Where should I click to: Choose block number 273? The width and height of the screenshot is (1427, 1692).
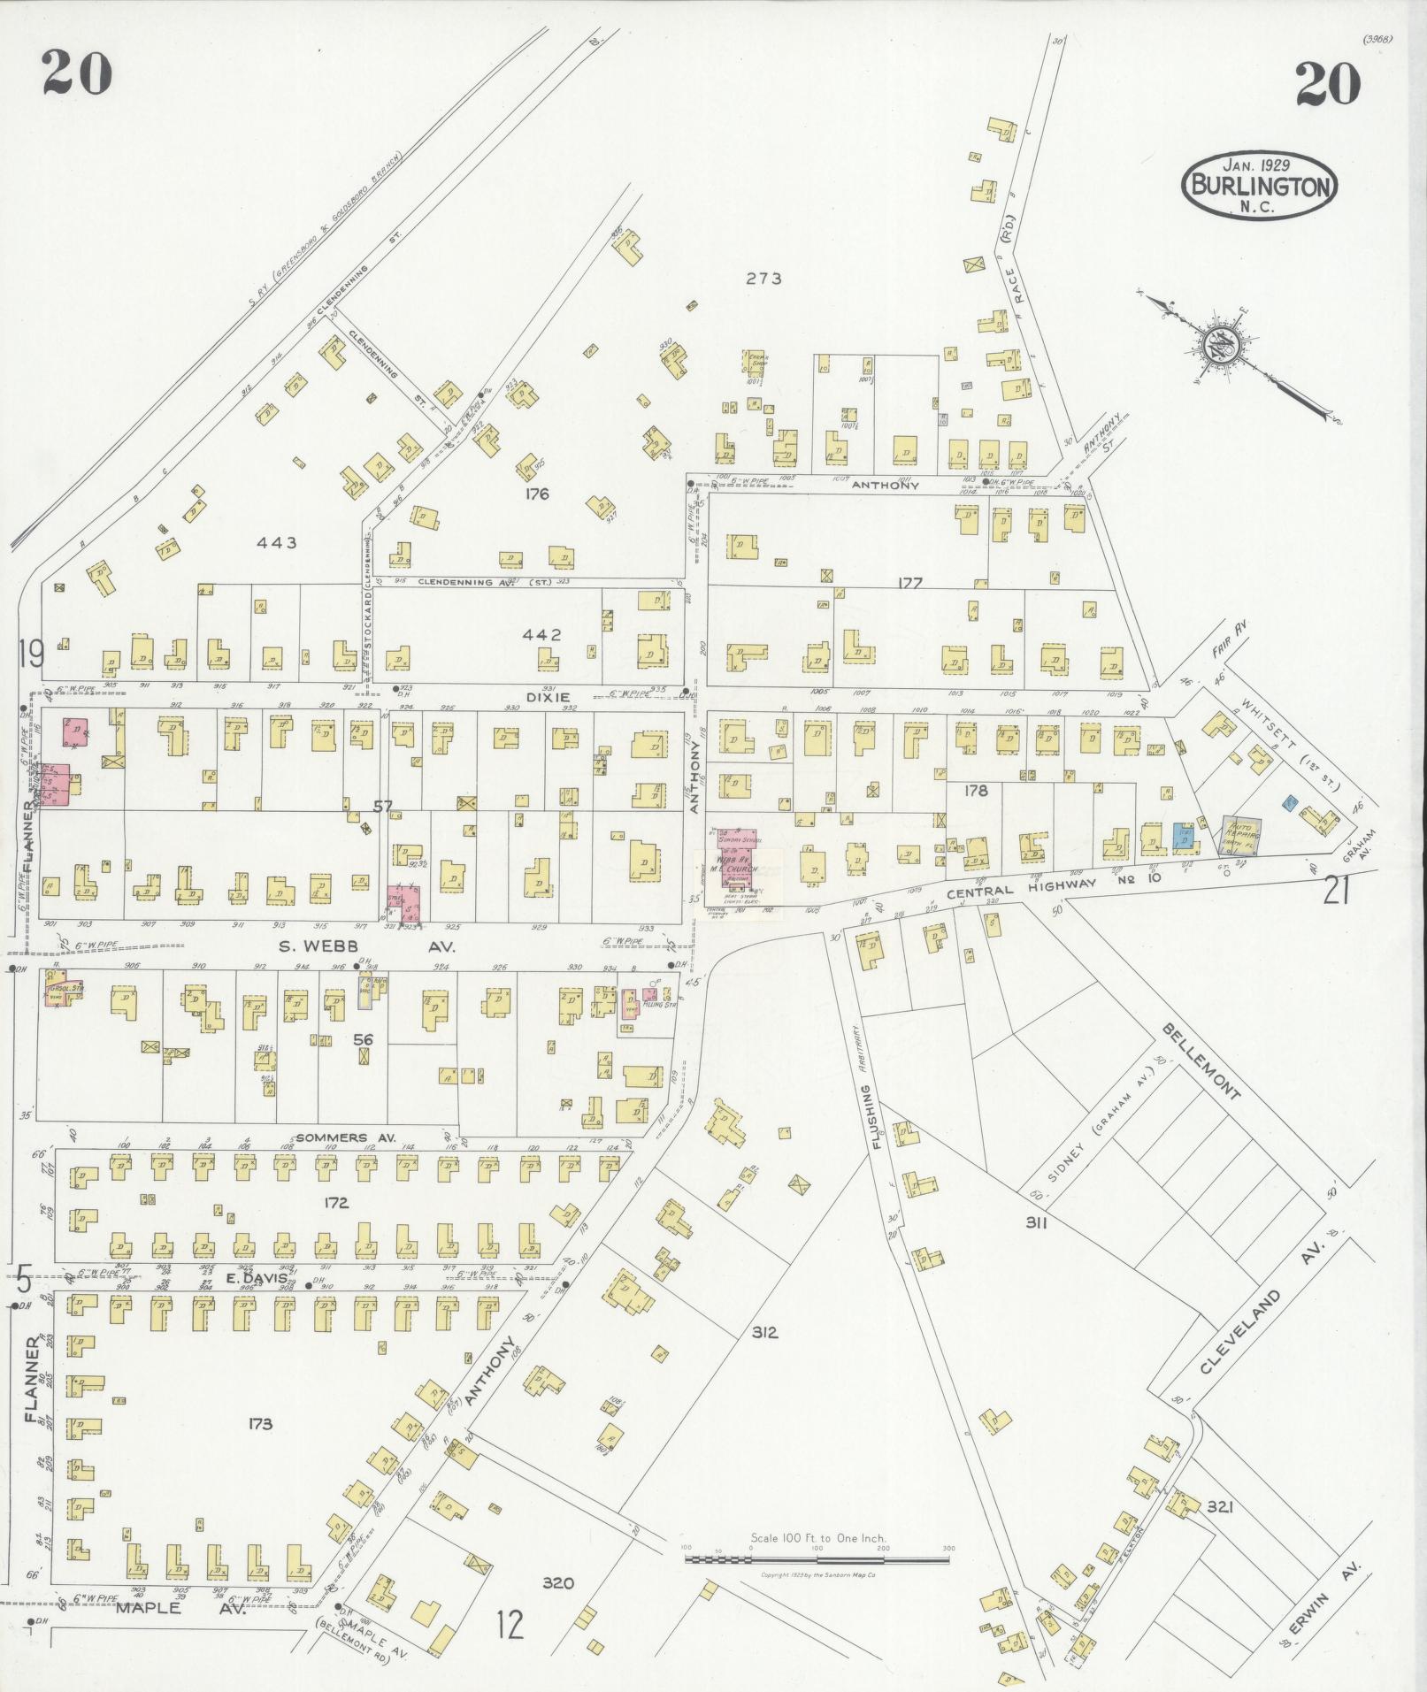click(x=763, y=279)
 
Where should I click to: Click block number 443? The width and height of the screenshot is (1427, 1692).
click(x=276, y=542)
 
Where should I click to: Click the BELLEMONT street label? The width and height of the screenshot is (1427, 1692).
click(x=1201, y=1061)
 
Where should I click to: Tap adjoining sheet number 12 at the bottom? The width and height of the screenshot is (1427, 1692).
click(x=510, y=1624)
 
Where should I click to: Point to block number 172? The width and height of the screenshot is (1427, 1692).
click(x=336, y=1203)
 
